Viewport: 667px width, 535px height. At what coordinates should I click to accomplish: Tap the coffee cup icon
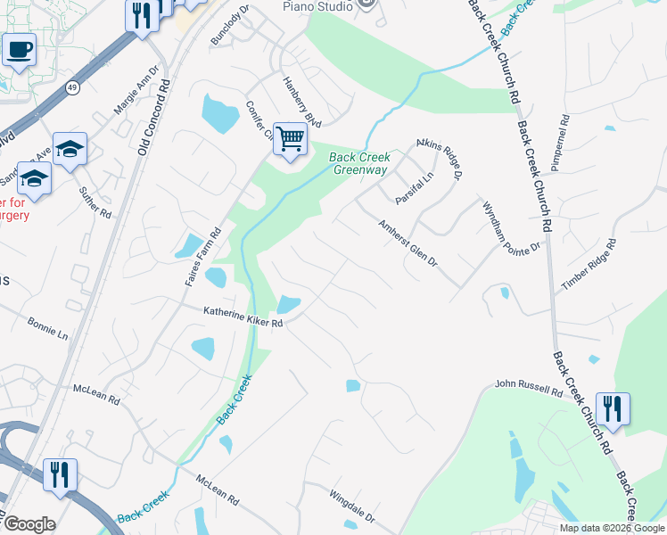[x=18, y=49]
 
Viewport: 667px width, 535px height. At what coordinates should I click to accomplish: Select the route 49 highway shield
[x=72, y=86]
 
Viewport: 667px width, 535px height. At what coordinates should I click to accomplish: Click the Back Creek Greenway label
[x=358, y=163]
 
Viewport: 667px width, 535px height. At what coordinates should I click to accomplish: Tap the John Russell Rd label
[x=529, y=389]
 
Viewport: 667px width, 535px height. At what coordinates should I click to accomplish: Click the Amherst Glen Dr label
[x=408, y=243]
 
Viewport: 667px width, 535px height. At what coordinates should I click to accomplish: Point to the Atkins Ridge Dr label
[x=440, y=159]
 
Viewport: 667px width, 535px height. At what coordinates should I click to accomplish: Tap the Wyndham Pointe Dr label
[x=512, y=226]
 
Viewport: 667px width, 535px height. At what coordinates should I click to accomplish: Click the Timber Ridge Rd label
[x=589, y=265]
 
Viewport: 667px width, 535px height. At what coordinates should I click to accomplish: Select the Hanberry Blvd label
[x=301, y=105]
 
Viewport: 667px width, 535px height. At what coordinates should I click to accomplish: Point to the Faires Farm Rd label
[x=202, y=258]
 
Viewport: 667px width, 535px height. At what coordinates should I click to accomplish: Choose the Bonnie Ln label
[x=47, y=327]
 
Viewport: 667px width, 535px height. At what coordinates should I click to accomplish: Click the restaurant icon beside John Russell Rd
[x=612, y=408]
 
